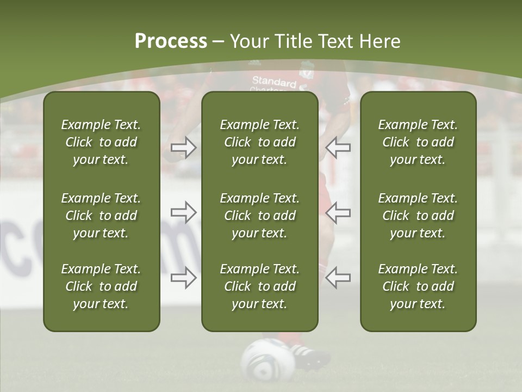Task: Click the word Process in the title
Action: (x=171, y=41)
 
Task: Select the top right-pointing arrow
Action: (x=183, y=148)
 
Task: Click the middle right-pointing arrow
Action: (x=183, y=212)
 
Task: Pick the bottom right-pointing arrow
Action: (x=183, y=277)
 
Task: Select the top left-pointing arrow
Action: (x=338, y=148)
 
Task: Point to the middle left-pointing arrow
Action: (x=338, y=212)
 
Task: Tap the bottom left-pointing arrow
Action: (x=338, y=277)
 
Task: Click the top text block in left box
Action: (x=101, y=142)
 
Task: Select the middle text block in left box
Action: (x=101, y=216)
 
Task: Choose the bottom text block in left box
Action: (x=101, y=286)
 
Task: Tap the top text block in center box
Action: (x=260, y=142)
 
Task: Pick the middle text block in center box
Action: (x=260, y=216)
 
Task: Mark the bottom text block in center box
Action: (x=260, y=286)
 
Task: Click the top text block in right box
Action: (x=418, y=142)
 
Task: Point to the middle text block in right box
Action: (x=418, y=216)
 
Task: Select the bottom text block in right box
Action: (x=418, y=286)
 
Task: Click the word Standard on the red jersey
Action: (x=274, y=81)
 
